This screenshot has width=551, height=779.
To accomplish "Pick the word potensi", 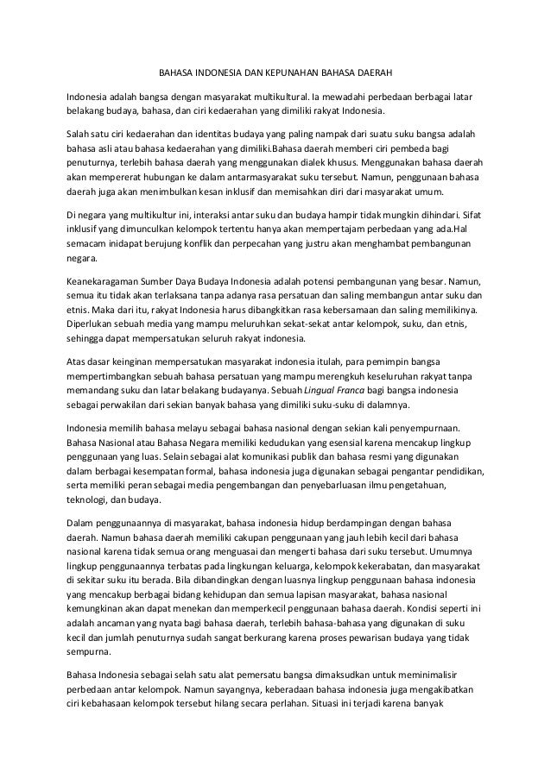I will point(331,282).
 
